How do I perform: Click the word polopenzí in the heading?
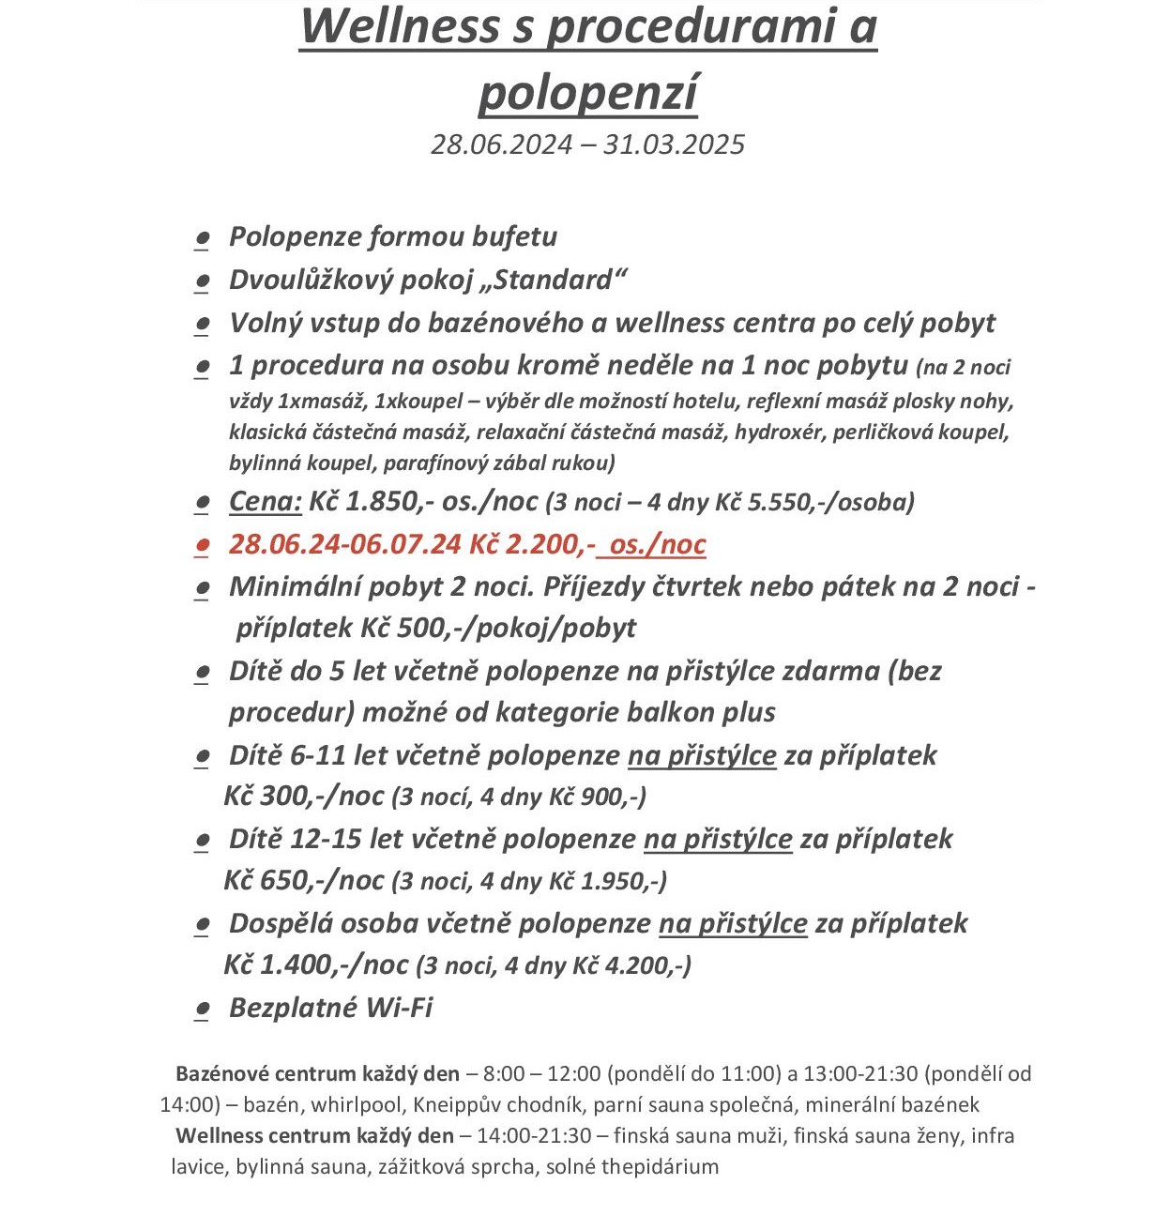pos(588,92)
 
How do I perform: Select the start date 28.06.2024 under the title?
pos(501,144)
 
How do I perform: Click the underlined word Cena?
pos(265,502)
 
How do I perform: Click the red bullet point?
pos(201,545)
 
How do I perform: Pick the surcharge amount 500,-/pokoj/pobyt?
pos(516,628)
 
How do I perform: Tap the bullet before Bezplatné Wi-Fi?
pos(201,1009)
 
